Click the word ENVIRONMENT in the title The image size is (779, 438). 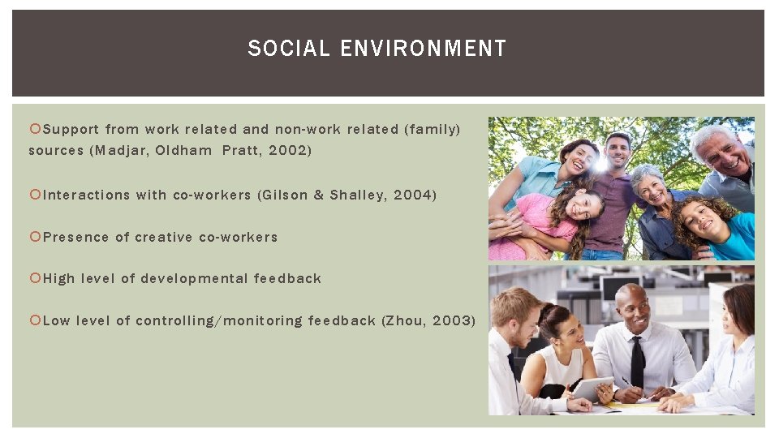tap(423, 49)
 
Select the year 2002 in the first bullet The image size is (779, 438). tap(288, 150)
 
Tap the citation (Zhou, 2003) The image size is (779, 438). tap(428, 320)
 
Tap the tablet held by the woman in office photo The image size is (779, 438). tap(592, 388)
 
